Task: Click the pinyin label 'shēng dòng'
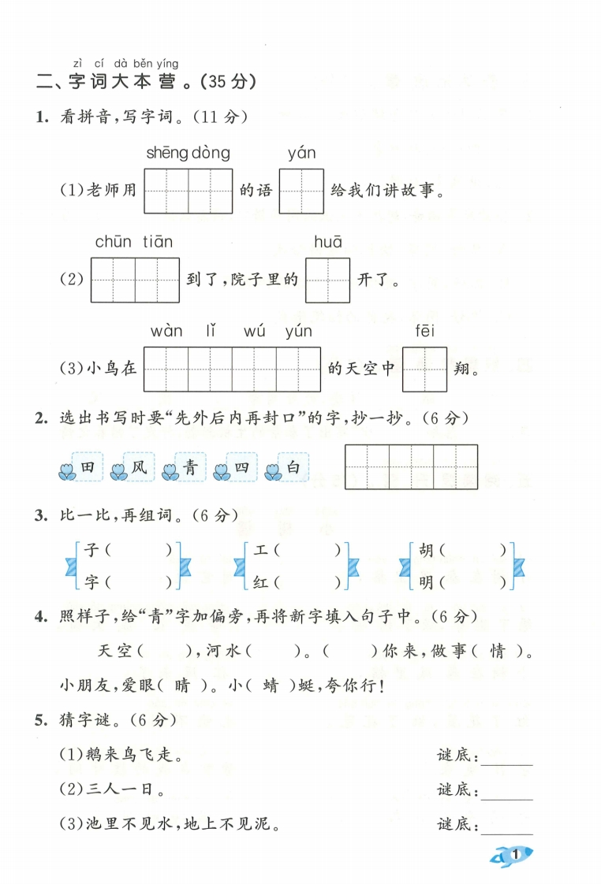tap(188, 153)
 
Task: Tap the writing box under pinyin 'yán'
tap(301, 191)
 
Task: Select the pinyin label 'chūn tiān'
tap(133, 242)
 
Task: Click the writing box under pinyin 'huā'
tap(327, 280)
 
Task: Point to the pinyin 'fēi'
tap(424, 331)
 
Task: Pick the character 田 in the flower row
tap(88, 468)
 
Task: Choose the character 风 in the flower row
tap(139, 468)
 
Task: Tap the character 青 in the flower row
tap(191, 468)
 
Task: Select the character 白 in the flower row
tap(293, 468)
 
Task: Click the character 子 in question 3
tap(91, 550)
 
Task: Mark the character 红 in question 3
tap(262, 583)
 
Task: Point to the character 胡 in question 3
tap(427, 550)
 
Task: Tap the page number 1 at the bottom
tap(515, 854)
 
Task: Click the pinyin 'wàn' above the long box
tap(166, 331)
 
